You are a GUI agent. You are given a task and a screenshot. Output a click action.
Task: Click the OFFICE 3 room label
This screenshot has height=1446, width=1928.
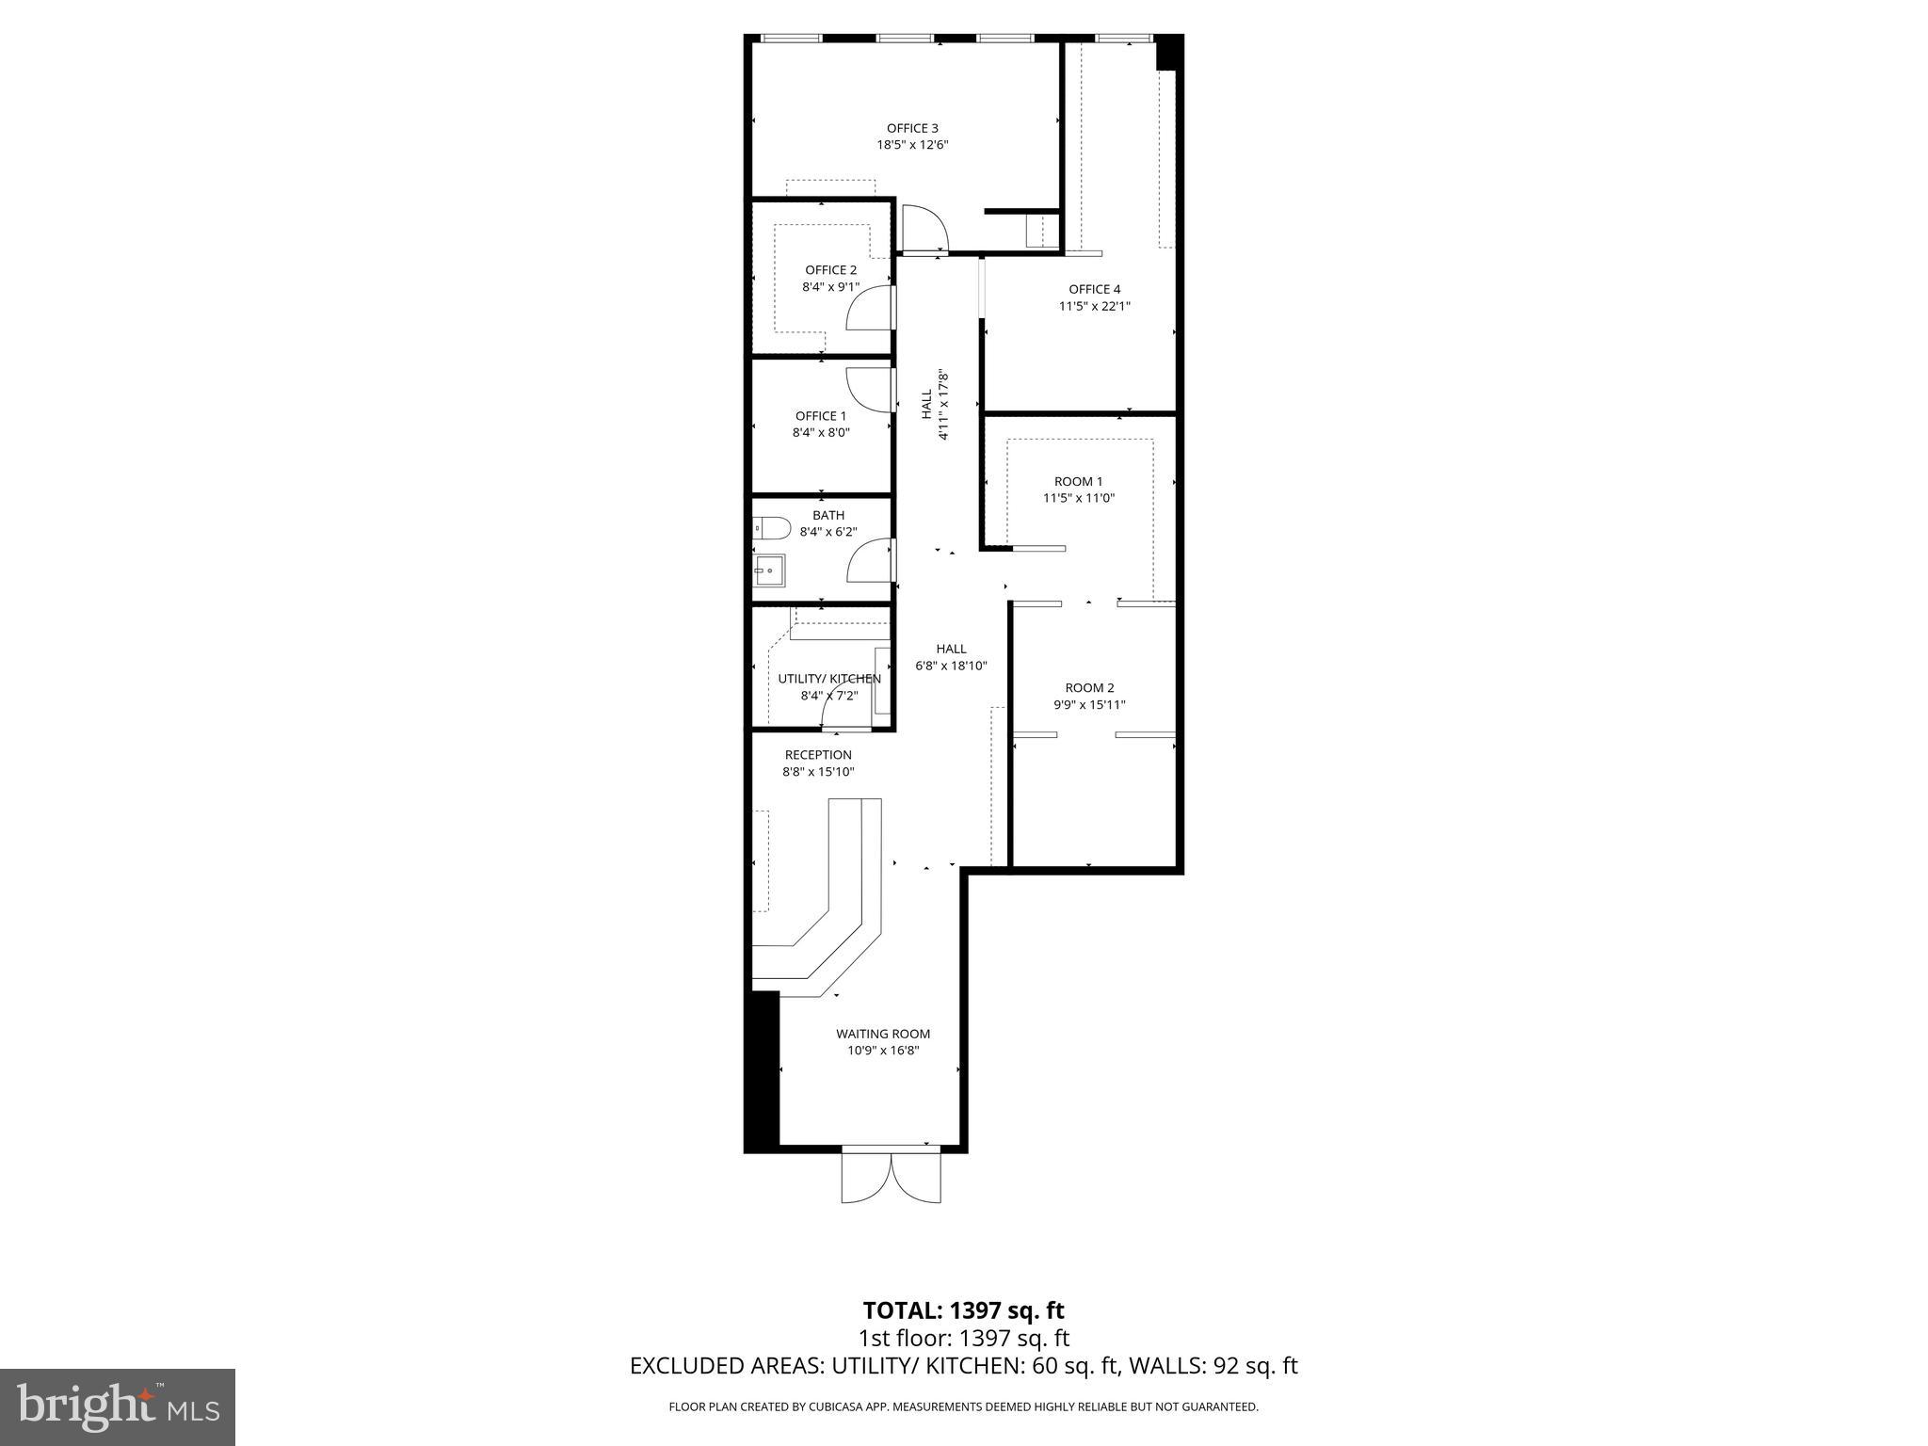click(x=912, y=129)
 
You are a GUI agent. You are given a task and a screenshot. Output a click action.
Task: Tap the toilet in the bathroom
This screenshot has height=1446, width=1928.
click(x=770, y=528)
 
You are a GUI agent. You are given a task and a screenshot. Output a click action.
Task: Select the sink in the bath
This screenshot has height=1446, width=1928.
click(x=769, y=570)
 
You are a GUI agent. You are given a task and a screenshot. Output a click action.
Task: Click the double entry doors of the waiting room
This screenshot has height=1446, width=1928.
click(x=891, y=1178)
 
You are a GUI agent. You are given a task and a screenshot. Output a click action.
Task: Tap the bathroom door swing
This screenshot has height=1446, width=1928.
click(x=871, y=561)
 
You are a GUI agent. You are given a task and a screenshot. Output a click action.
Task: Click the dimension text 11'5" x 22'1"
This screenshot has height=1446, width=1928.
click(x=1094, y=306)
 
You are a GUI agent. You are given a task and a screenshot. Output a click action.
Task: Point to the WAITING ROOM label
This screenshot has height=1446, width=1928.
click(x=883, y=1034)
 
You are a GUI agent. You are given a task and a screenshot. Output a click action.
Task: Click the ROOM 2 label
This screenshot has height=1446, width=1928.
click(x=1089, y=688)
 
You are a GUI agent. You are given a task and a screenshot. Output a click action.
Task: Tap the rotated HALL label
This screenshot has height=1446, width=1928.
click(x=926, y=405)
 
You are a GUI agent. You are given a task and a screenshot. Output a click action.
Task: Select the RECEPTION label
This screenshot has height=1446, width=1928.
click(x=818, y=755)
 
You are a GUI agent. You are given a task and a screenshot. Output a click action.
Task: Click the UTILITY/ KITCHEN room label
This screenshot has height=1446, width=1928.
click(x=829, y=679)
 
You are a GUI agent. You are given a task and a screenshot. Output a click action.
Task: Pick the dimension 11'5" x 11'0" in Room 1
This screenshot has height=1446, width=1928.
click(x=1079, y=498)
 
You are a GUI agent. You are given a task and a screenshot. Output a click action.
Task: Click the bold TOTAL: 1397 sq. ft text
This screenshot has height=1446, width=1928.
click(x=963, y=1310)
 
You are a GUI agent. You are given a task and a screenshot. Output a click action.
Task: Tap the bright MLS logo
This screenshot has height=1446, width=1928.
click(x=118, y=1408)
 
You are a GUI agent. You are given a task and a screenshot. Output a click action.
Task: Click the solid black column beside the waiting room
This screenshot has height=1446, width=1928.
click(x=763, y=1069)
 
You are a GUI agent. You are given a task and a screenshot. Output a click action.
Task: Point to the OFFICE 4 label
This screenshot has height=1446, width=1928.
click(x=1094, y=289)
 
